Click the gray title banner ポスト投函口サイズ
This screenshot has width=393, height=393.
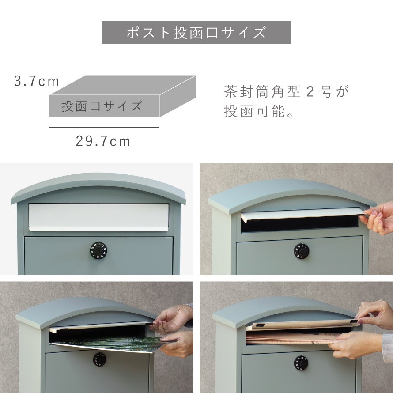pyautogui.click(x=196, y=32)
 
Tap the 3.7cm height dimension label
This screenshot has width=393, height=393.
pyautogui.click(x=36, y=81)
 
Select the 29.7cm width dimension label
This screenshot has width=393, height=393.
pyautogui.click(x=103, y=141)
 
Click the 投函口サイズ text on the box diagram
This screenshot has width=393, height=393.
pyautogui.click(x=102, y=106)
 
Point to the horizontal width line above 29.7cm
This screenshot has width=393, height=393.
pyautogui.click(x=104, y=127)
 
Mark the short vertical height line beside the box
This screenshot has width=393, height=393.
pyautogui.click(x=41, y=106)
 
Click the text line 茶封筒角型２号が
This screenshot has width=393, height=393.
pyautogui.click(x=286, y=91)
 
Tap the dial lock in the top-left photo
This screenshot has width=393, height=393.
pyautogui.click(x=98, y=250)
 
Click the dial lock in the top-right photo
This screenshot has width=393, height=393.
pyautogui.click(x=301, y=251)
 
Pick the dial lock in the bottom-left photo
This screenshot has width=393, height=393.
pyautogui.click(x=99, y=359)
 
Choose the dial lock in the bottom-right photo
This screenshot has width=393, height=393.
pyautogui.click(x=301, y=363)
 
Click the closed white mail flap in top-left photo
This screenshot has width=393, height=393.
pyautogui.click(x=99, y=217)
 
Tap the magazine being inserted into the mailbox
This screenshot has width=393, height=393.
pyautogui.click(x=108, y=344)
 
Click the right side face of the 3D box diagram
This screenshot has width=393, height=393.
pyautogui.click(x=178, y=96)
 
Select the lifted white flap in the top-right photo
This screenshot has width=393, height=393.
pyautogui.click(x=302, y=214)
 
